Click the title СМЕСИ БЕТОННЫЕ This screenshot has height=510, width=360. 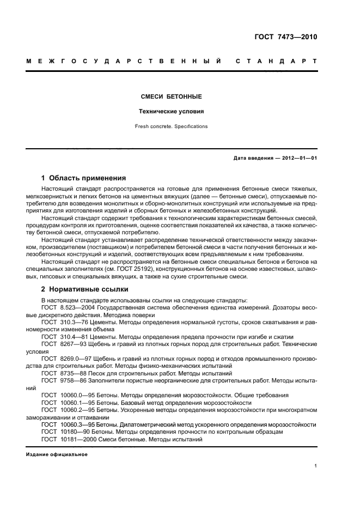(171, 96)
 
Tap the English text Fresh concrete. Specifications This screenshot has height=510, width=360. (171, 126)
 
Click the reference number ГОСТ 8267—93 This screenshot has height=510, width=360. (64, 344)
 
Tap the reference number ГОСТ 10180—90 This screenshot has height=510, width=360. (65, 431)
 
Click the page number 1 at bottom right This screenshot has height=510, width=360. (315, 466)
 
